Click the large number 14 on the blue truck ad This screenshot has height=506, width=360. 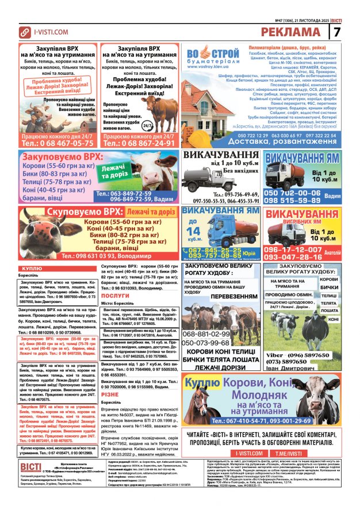(x=208, y=232)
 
